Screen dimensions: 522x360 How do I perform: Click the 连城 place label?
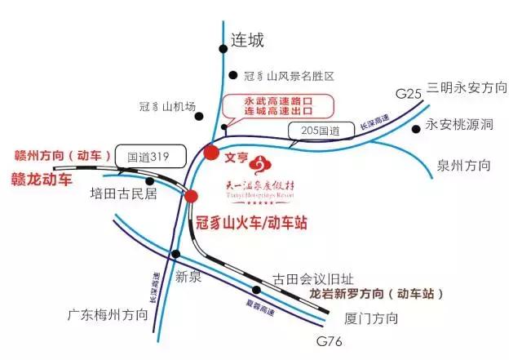tap(250, 38)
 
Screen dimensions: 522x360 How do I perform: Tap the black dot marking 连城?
tap(223, 49)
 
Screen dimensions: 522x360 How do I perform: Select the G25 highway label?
tap(408, 95)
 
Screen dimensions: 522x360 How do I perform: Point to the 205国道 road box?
tap(312, 131)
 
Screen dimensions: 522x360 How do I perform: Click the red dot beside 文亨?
tap(210, 152)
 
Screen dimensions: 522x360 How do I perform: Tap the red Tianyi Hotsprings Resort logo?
tap(262, 166)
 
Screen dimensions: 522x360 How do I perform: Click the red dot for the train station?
tap(191, 196)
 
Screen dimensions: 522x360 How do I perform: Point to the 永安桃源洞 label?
tap(460, 126)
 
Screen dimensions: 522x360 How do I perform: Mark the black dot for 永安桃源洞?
tap(416, 128)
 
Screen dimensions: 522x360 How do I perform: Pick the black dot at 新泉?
tap(173, 254)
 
